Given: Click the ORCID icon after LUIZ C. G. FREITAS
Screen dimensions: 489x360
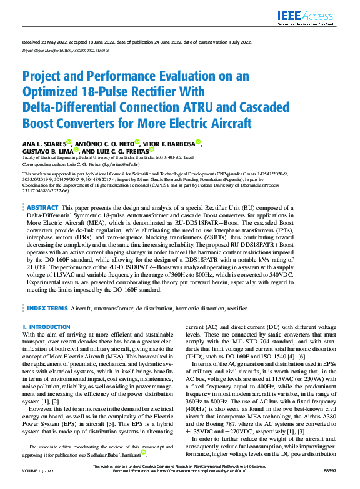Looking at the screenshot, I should [151, 150].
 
